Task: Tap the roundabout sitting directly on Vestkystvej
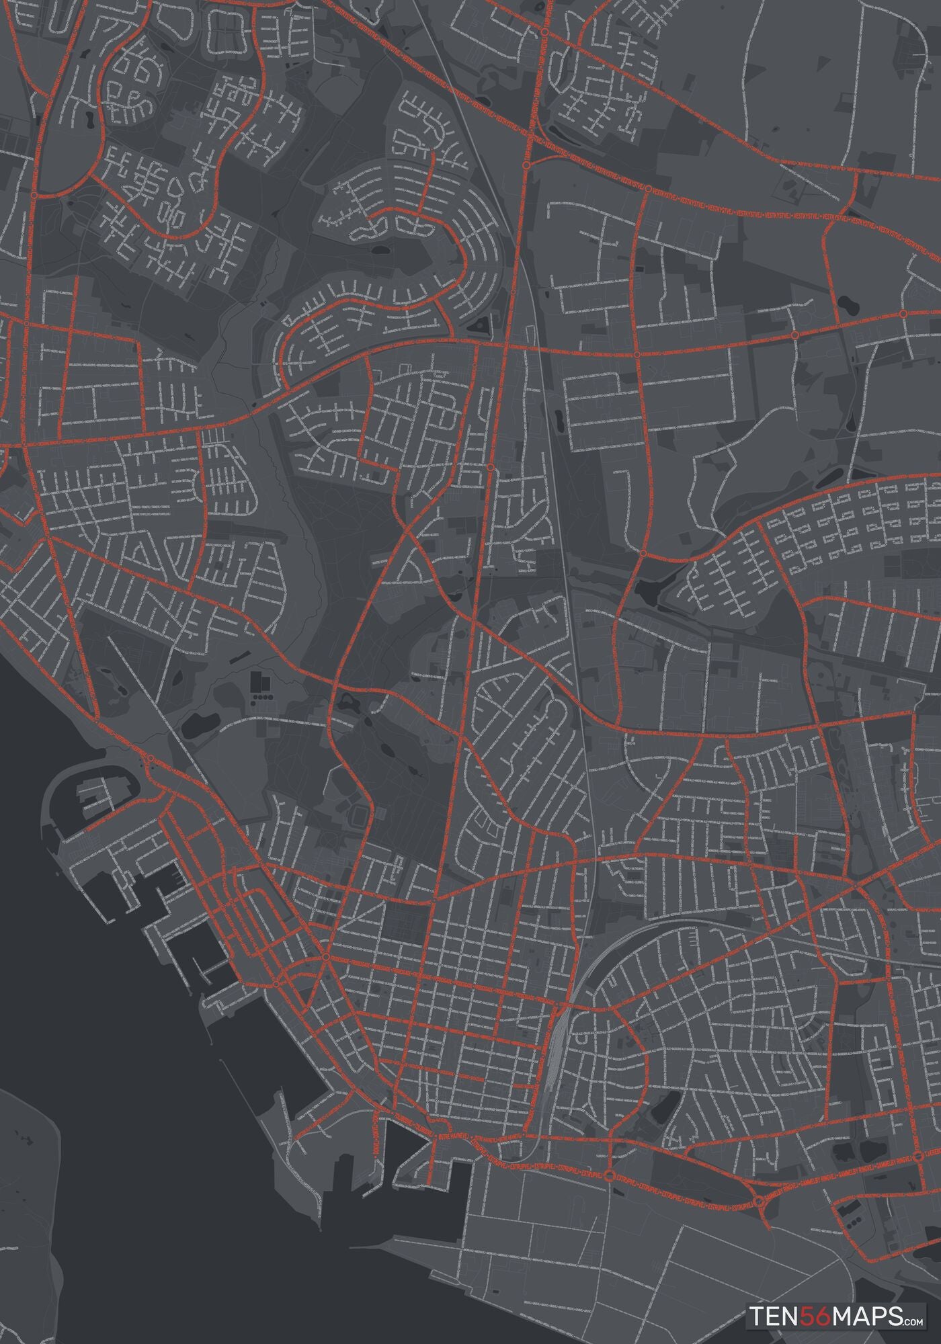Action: pyautogui.click(x=648, y=190)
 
